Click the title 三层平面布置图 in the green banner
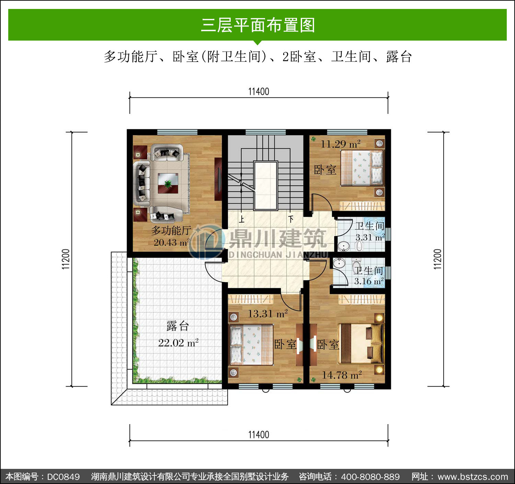click(x=258, y=25)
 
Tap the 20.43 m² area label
click(x=172, y=243)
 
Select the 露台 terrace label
click(x=178, y=326)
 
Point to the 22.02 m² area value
click(x=179, y=343)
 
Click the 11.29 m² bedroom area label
click(x=341, y=144)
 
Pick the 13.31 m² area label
click(x=268, y=314)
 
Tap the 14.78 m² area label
click(x=342, y=375)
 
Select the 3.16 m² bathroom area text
click(x=369, y=281)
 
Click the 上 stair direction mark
click(x=242, y=219)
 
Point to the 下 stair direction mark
click(x=291, y=219)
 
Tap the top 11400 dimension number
click(x=259, y=92)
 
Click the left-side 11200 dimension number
click(x=66, y=259)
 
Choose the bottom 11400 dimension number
click(x=259, y=434)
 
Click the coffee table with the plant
click(x=168, y=183)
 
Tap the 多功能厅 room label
click(x=171, y=230)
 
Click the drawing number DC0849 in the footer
click(x=63, y=477)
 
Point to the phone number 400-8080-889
click(x=370, y=477)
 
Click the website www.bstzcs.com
click(x=473, y=477)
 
